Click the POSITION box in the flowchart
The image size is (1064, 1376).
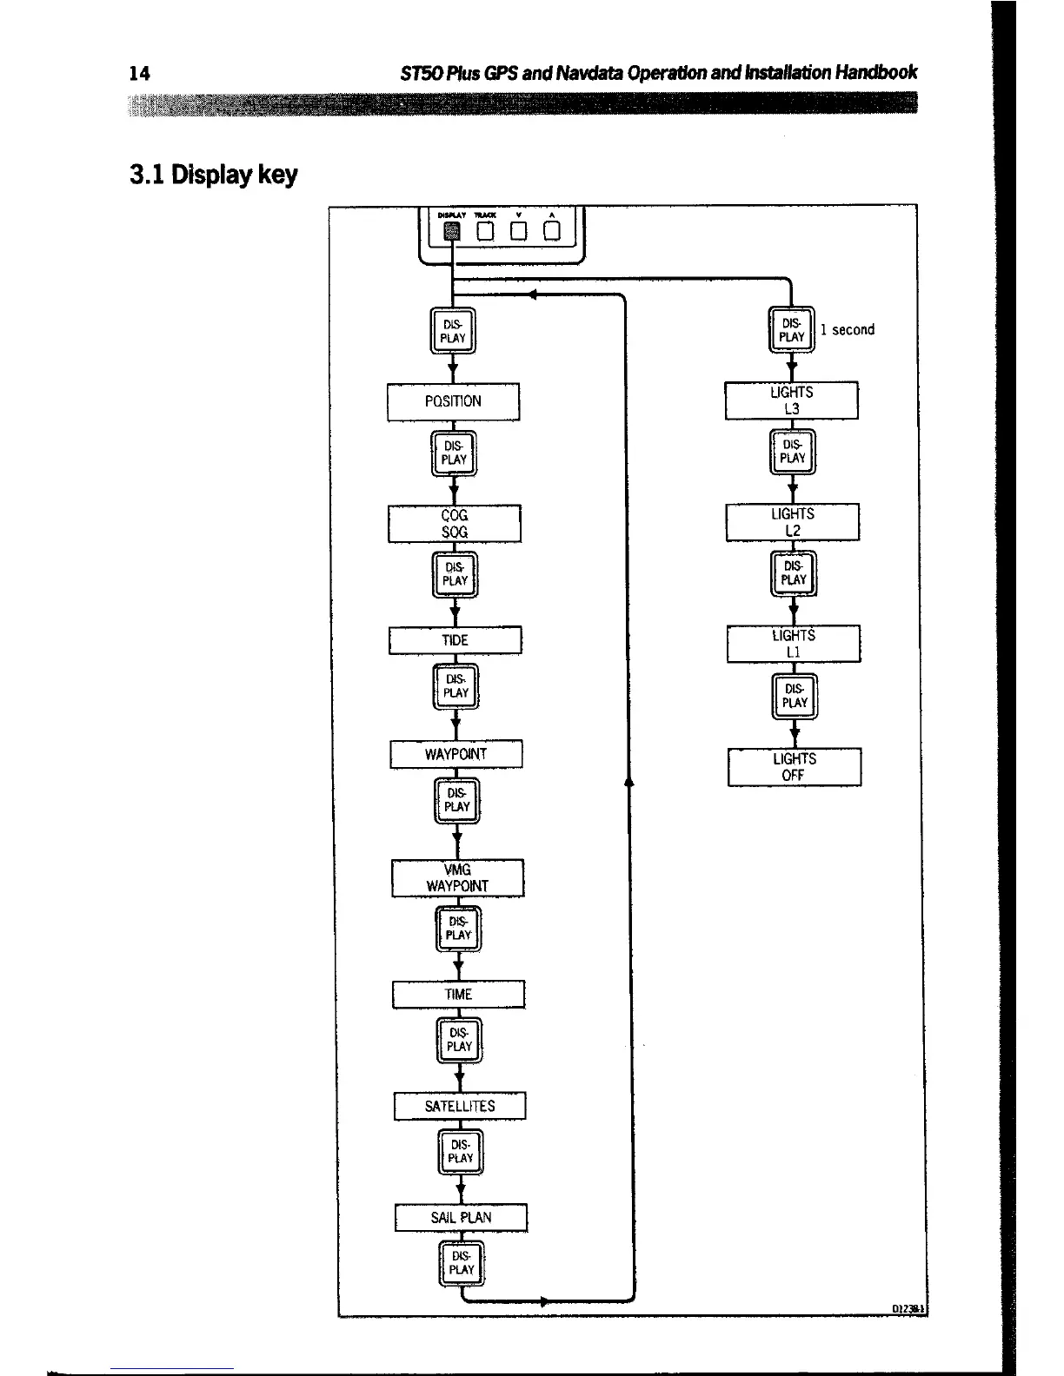[453, 401]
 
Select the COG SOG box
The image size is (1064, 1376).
[454, 523]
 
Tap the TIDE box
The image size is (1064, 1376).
[455, 640]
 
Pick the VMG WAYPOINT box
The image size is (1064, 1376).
[457, 877]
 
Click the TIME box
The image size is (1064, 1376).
[458, 995]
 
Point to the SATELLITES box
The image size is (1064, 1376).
[460, 1106]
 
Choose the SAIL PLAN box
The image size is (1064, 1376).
[461, 1217]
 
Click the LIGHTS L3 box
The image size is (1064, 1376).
[791, 400]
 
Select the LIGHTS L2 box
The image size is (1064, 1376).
[792, 522]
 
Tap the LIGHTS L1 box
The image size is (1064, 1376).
[793, 644]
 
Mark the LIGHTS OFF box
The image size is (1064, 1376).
[794, 767]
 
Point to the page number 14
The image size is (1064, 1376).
[139, 73]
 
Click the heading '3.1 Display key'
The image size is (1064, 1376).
[213, 175]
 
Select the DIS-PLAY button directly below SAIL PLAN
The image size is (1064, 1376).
[462, 1263]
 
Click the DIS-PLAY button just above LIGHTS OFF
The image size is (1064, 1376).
[795, 697]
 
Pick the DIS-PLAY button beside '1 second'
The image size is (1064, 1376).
[791, 330]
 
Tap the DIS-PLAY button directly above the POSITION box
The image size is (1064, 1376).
[453, 331]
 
